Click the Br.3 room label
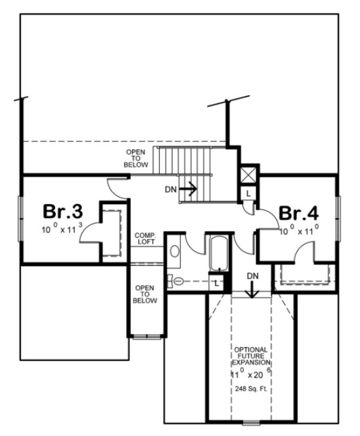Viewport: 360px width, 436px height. pos(62,212)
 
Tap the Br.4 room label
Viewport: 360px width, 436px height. pos(299,213)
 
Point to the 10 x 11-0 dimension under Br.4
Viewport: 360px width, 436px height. pos(300,231)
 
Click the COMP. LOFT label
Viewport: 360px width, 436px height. pos(145,238)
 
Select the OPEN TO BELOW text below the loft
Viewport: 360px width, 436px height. pos(145,294)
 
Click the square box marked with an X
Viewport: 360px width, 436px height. pos(248,175)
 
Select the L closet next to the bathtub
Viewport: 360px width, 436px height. pos(217,282)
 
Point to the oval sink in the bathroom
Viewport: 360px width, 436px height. pos(174,251)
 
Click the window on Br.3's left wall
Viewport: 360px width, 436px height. pos(21,217)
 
